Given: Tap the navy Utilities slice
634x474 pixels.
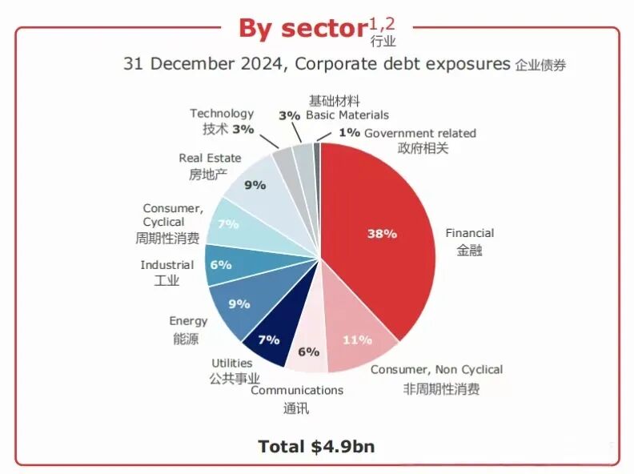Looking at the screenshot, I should [267, 339].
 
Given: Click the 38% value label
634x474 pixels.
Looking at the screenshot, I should [382, 234].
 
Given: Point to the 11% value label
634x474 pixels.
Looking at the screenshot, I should [357, 339].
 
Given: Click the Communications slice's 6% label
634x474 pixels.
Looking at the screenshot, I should [308, 351].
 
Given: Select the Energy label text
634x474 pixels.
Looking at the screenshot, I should [188, 321].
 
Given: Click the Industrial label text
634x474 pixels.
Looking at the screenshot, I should [167, 265].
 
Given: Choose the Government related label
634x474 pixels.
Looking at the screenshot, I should [419, 133].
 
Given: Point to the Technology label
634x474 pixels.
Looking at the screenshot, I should [222, 114].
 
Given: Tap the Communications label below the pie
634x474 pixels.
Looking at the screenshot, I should [297, 390].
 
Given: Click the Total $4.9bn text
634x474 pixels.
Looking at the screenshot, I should [316, 446].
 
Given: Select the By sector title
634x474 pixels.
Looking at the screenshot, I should [301, 28].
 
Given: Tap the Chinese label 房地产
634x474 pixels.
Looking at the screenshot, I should [197, 174].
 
